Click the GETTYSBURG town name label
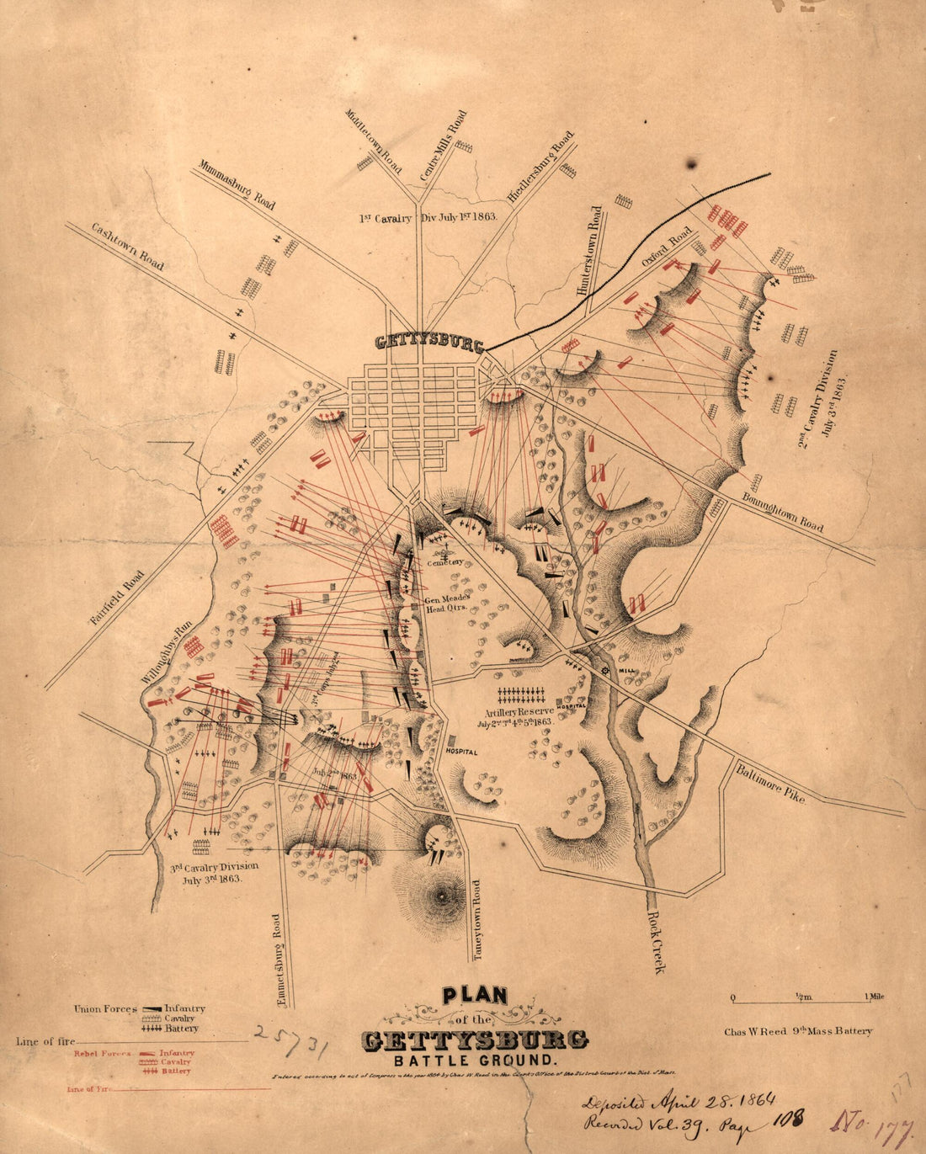point(429,343)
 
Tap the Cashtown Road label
point(128,246)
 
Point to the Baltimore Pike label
point(770,783)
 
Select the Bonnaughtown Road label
point(783,512)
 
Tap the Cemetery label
point(444,561)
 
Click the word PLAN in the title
point(475,995)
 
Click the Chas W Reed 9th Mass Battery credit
point(798,1030)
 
